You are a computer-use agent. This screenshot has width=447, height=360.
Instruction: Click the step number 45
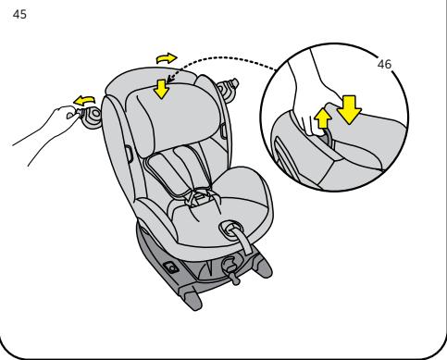[19, 15]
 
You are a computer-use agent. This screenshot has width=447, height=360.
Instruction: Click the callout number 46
[384, 64]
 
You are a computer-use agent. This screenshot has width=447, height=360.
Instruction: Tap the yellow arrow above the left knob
[84, 100]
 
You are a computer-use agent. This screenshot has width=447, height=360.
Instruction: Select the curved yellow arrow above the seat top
[167, 58]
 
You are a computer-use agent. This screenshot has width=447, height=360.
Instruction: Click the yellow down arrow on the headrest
[161, 89]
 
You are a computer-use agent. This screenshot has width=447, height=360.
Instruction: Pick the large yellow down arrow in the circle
[349, 109]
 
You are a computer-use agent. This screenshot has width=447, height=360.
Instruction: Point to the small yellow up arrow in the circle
[323, 118]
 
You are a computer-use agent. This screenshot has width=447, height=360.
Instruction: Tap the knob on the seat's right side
[228, 89]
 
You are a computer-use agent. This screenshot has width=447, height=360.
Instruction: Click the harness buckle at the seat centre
[199, 198]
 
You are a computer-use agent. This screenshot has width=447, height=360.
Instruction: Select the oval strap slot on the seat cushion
[230, 229]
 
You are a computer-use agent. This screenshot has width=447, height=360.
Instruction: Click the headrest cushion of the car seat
[173, 118]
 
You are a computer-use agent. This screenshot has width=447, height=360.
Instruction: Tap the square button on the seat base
[171, 267]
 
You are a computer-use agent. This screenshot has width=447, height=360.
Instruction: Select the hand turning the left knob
[46, 132]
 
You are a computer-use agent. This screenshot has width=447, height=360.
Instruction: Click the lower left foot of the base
[193, 301]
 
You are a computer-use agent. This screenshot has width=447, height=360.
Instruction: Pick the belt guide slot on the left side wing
[130, 154]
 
